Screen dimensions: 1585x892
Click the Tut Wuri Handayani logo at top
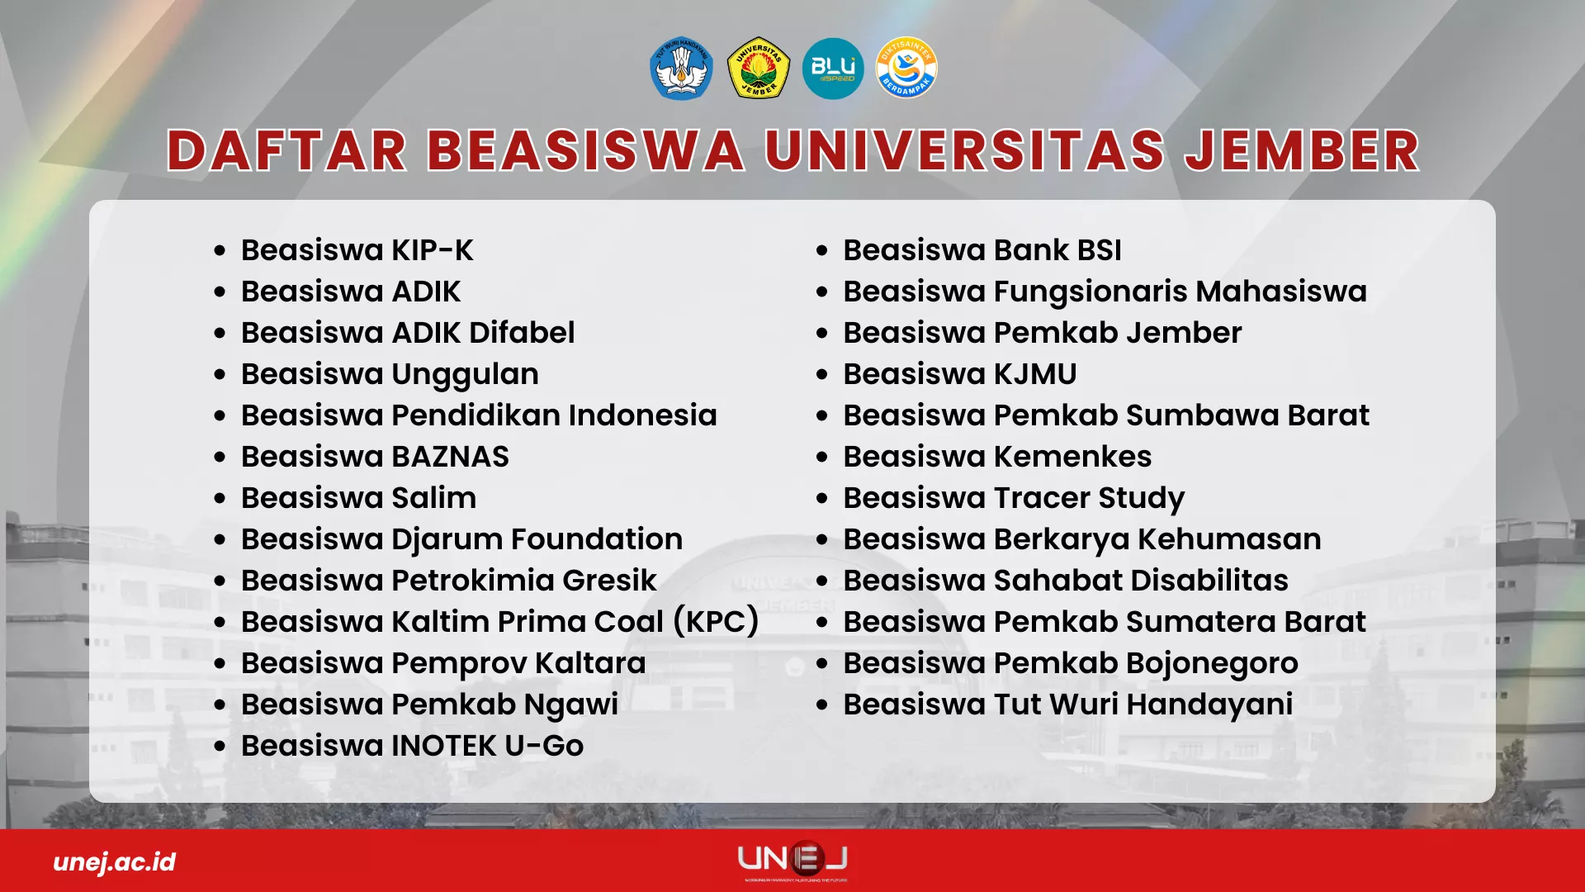681,68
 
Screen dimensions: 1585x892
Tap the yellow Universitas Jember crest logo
758,68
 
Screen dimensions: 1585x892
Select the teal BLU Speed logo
833,68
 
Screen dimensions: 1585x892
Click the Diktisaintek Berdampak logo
906,68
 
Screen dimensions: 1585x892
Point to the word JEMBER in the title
1302,150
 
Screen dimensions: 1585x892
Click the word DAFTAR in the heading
287,150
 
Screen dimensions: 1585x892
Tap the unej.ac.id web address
115,862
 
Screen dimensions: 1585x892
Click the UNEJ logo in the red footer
792,860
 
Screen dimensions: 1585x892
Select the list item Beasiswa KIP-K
357,250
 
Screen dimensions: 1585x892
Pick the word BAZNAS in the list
450,457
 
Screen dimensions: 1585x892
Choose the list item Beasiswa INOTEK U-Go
413,746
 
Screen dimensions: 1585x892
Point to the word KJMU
1035,374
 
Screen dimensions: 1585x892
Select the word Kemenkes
1072,457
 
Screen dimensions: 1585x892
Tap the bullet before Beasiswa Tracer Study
821,499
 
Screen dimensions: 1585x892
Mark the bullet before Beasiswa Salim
220,499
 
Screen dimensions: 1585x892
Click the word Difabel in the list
522,333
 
